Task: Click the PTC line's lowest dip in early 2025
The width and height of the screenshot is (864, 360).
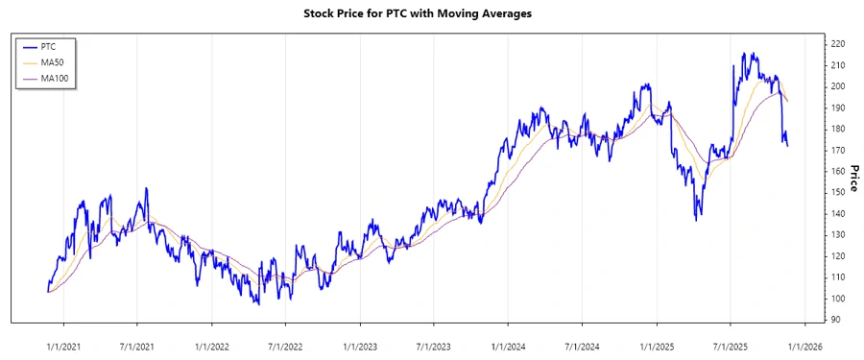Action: [x=696, y=220]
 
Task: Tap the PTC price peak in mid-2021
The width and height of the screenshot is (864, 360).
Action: [x=146, y=189]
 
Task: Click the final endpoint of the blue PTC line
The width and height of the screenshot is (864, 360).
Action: [x=788, y=146]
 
